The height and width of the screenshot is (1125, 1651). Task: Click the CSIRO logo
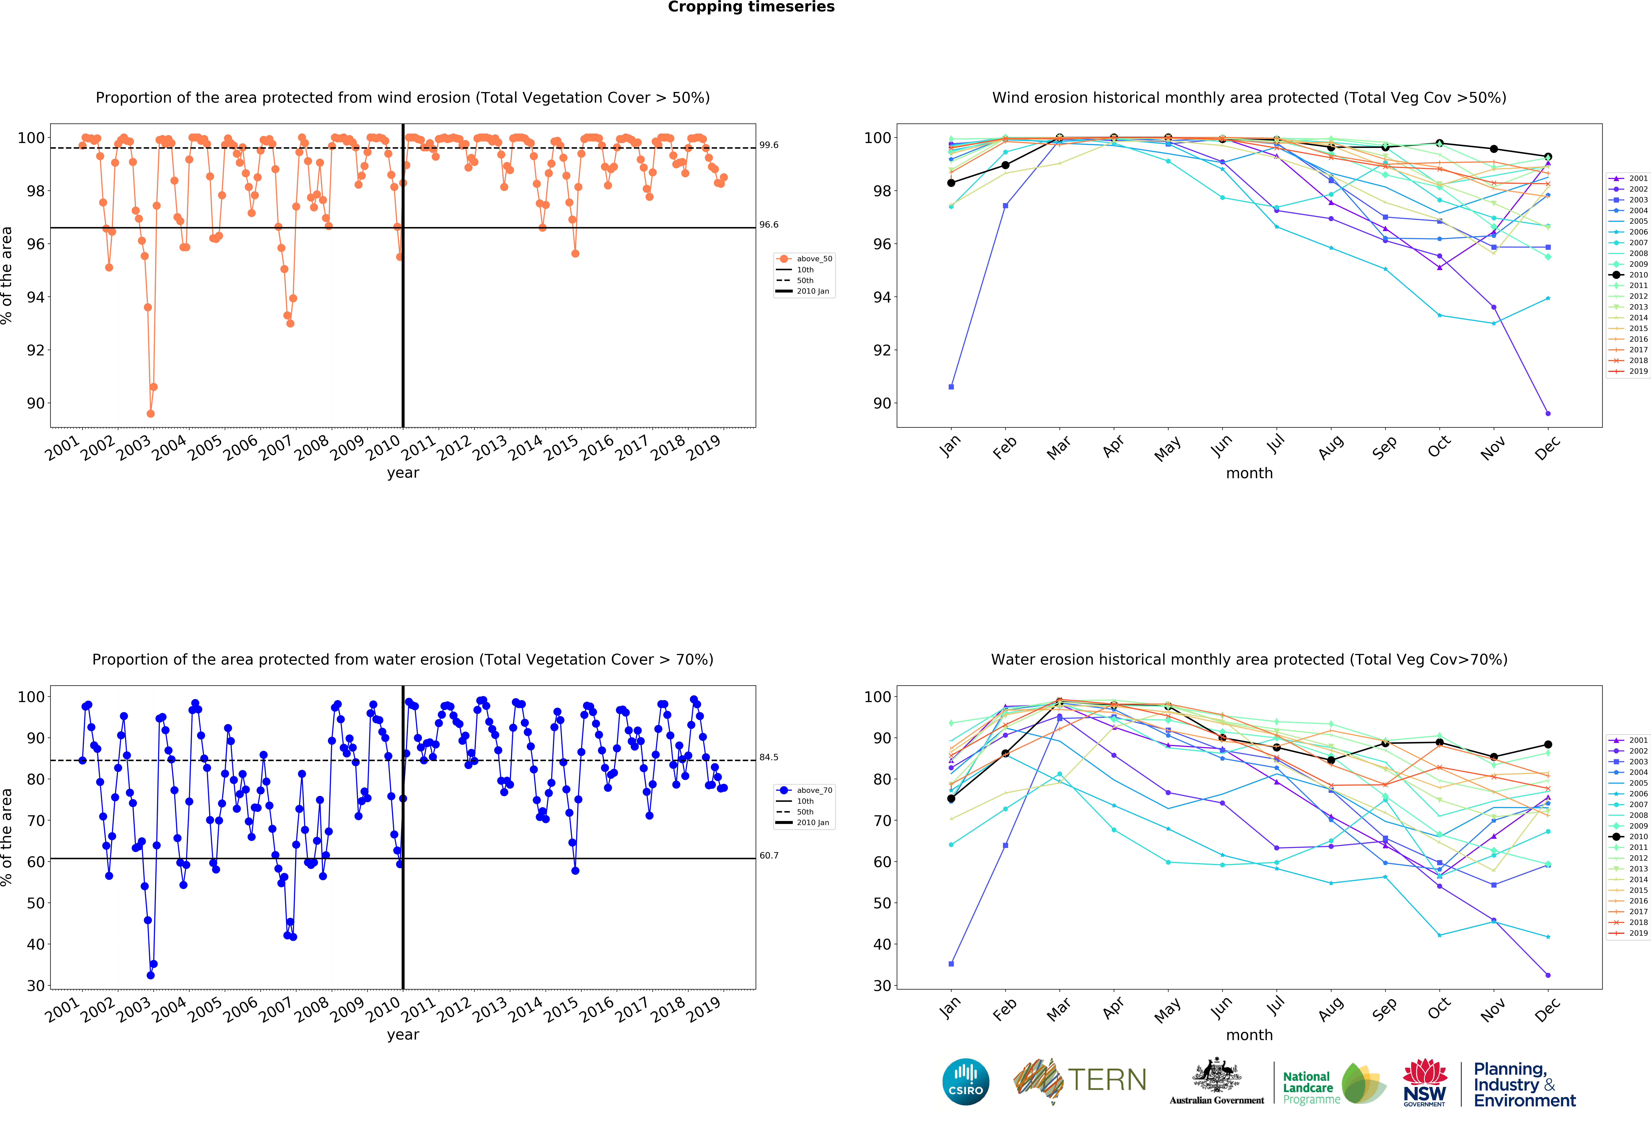coord(965,1082)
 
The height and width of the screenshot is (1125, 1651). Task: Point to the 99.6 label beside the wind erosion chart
coord(769,145)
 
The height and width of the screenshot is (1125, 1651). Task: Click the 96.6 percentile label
coord(769,224)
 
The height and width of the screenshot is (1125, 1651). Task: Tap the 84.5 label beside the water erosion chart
coord(769,757)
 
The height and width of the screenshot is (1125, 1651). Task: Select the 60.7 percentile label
coord(769,855)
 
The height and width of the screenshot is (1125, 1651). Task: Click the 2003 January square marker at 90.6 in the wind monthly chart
coord(951,387)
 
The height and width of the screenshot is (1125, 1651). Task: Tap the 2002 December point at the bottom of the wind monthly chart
coord(1548,413)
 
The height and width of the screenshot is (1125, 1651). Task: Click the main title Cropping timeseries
coord(751,7)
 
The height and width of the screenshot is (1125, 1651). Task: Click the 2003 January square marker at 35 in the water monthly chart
coord(951,964)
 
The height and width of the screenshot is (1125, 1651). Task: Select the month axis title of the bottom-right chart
coord(1249,1035)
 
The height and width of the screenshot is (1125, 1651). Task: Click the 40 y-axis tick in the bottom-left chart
coord(36,944)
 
